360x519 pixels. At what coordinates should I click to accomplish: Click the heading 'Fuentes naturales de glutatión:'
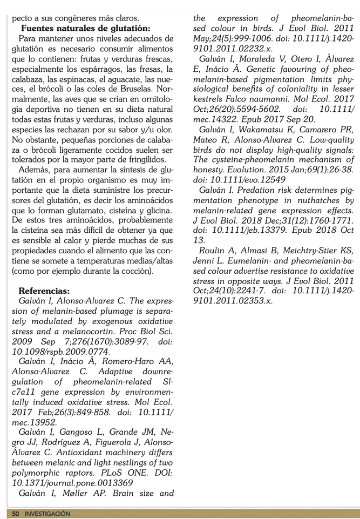86,28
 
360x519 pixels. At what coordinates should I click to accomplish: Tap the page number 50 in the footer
15,514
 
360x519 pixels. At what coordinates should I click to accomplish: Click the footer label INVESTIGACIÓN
47,514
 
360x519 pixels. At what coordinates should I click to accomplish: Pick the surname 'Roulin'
211,250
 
